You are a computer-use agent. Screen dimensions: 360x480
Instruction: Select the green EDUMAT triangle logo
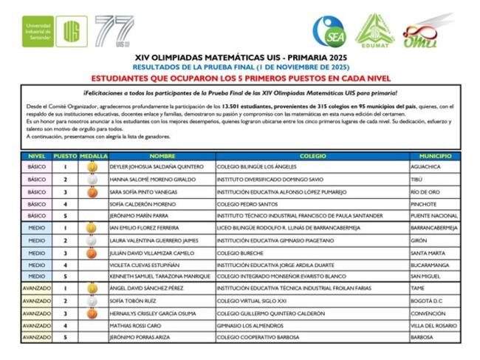(x=374, y=31)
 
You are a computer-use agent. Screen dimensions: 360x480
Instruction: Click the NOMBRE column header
(x=162, y=157)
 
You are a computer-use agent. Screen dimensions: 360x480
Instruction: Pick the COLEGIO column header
(x=313, y=157)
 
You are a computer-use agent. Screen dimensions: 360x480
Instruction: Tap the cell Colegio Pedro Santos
(x=247, y=204)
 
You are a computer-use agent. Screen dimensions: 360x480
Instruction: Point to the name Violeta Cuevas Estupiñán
(x=146, y=265)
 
